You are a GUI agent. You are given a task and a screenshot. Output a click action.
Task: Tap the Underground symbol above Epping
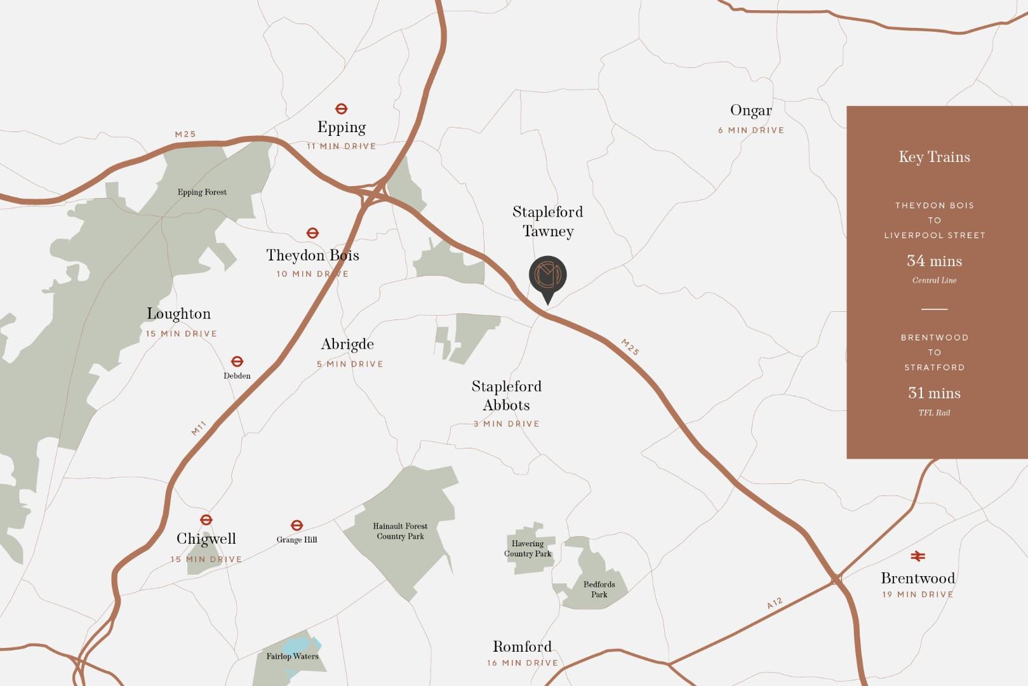click(342, 109)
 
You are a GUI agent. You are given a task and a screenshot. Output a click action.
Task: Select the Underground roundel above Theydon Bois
click(312, 233)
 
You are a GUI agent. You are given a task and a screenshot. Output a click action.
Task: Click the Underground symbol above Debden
click(237, 362)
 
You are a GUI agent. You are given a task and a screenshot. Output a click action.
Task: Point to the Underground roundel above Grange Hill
click(297, 525)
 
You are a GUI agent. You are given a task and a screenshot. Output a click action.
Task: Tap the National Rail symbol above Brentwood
click(918, 556)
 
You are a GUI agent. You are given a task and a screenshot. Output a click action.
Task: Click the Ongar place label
click(751, 111)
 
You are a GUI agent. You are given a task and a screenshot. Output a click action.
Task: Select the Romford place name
click(522, 647)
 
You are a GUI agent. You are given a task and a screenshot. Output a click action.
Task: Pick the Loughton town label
click(178, 314)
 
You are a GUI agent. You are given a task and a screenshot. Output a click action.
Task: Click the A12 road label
click(775, 603)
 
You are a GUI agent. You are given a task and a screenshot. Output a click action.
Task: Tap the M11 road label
click(199, 429)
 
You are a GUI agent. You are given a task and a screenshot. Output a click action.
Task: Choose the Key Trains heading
click(934, 157)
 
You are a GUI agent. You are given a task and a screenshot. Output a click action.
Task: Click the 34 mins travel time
click(934, 261)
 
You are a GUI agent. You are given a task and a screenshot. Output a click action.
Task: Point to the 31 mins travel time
click(934, 393)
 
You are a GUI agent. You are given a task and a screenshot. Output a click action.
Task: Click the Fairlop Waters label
click(292, 656)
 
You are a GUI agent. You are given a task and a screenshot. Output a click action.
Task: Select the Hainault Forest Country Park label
click(400, 531)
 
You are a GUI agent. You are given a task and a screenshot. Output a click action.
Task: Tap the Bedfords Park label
click(599, 589)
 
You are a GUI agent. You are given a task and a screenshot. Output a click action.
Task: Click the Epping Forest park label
click(202, 192)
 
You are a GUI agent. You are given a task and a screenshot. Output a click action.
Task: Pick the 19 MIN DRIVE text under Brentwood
click(918, 595)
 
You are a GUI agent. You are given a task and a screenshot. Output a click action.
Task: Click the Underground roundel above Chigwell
click(206, 520)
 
